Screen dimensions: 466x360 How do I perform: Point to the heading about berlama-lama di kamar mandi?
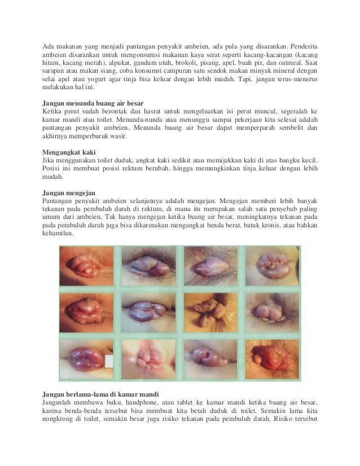101,393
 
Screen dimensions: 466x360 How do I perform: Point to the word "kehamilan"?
58,238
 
